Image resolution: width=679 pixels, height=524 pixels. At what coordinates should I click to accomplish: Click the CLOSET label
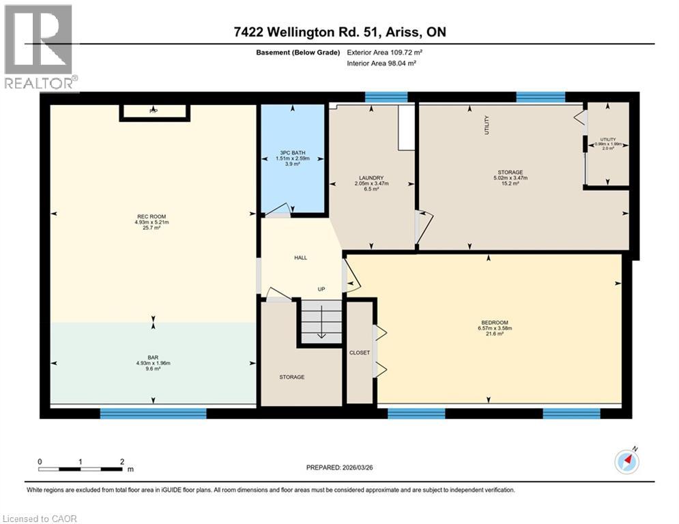[x=359, y=353]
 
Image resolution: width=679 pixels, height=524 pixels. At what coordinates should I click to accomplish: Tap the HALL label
[x=300, y=258]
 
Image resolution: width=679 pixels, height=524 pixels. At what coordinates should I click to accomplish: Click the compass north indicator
[x=626, y=462]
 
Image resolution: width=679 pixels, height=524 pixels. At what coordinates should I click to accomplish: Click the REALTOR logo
[x=38, y=48]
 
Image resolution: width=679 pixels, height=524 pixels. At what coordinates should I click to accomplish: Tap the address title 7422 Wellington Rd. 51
[x=338, y=32]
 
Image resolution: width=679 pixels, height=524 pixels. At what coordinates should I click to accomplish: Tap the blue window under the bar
[x=153, y=413]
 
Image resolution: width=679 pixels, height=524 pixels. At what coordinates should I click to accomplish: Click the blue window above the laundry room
[x=386, y=96]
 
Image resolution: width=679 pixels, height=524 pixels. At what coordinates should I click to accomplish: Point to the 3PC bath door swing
[x=276, y=212]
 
